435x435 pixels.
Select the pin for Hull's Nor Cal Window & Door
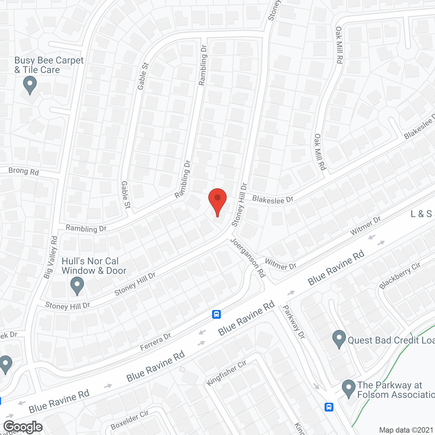pos(77,285)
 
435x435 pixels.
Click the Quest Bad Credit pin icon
pos(339,338)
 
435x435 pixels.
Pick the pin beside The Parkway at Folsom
pos(348,388)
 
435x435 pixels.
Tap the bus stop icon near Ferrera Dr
pos(216,314)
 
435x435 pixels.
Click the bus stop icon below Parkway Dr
pos(329,407)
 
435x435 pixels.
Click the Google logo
pos(23,427)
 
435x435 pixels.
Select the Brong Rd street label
pos(23,171)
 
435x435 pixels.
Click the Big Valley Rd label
pos(51,257)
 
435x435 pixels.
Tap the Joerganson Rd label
pos(248,258)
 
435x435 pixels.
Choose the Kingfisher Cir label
pos(226,373)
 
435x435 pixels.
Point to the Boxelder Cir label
pos(129,420)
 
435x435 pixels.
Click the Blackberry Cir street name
pos(400,275)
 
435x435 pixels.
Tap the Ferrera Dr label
pos(156,342)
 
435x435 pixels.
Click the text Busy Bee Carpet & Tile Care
pos(49,65)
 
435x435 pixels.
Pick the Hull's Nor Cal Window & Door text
pos(94,266)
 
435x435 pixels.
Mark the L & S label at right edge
pos(421,214)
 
